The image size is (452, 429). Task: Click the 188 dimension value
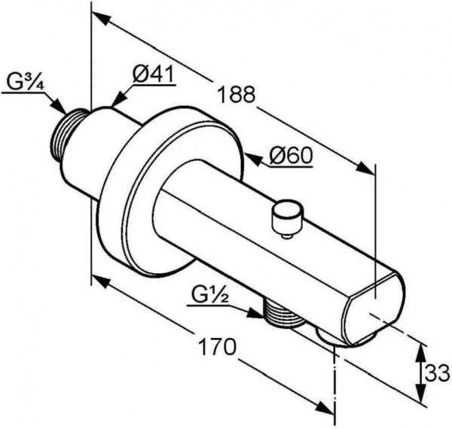pos(236,94)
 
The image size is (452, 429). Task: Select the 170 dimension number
pos(218,347)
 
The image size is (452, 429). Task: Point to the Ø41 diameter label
pos(154,74)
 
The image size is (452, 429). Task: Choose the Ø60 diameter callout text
pos(291,156)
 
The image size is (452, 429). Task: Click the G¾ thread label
pos(25,82)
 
